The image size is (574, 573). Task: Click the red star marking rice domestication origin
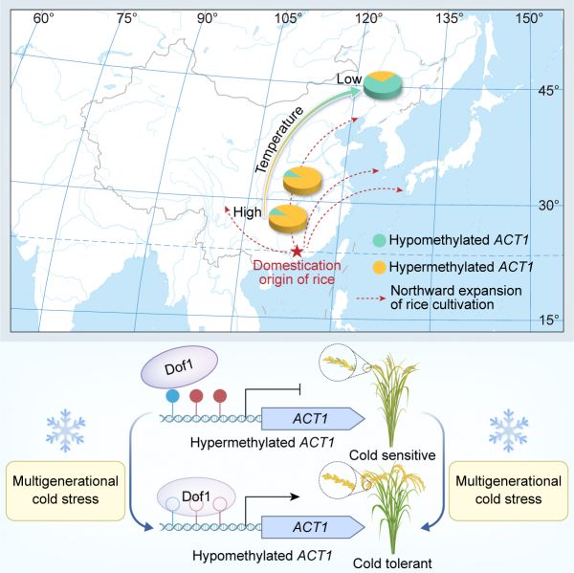[297, 252]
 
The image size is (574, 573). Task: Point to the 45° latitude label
[548, 90]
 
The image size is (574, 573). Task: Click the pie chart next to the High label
[288, 219]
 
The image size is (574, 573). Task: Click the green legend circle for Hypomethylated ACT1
[379, 240]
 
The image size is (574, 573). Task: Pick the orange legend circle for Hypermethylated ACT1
[379, 267]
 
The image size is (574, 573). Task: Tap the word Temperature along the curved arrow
[279, 140]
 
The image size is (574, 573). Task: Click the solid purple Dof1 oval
[180, 366]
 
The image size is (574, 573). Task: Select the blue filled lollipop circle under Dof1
[172, 395]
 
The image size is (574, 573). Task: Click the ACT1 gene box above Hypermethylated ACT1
[313, 418]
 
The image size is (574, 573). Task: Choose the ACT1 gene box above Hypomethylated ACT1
[313, 527]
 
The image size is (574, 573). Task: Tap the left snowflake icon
[66, 430]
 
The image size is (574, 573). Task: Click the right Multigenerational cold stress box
[509, 491]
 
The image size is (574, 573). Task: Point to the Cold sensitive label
[392, 455]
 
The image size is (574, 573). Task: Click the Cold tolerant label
[392, 562]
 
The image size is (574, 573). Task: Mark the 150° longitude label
[529, 17]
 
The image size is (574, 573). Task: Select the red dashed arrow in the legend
[371, 298]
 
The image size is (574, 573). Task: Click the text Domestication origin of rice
[297, 273]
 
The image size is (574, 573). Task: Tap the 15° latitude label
[549, 320]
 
